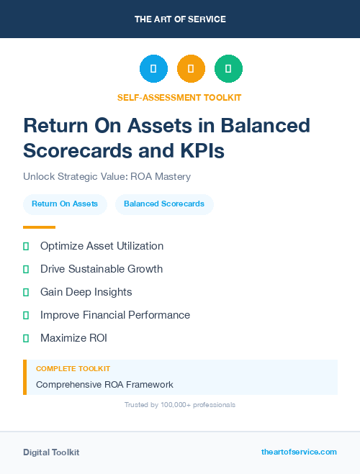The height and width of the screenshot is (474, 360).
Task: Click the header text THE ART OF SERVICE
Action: pos(180,19)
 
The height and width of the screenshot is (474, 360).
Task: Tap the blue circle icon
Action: pos(153,68)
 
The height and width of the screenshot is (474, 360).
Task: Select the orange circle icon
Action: pos(191,68)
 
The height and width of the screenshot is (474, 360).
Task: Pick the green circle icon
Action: pos(228,68)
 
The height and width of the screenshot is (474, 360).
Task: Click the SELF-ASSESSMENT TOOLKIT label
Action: pos(180,97)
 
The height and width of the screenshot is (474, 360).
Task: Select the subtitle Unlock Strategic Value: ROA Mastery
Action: pos(107,176)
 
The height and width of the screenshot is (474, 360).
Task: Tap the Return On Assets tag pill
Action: pos(65,204)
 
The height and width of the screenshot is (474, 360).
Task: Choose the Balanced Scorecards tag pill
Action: pos(164,204)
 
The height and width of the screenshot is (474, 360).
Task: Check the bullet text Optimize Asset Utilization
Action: pos(102,246)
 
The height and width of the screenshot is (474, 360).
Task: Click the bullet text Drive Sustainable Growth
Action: pos(102,269)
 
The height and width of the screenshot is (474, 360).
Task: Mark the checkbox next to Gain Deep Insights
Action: pos(26,292)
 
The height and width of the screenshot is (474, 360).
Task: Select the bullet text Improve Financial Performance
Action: pos(115,315)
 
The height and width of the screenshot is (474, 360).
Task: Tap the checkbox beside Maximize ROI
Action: pos(26,338)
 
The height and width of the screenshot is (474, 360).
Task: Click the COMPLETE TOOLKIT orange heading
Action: pos(73,368)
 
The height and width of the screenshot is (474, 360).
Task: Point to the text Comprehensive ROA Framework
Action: pos(104,384)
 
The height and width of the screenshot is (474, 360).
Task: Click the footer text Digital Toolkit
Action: pos(51,452)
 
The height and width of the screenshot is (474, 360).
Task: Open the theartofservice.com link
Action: pos(299,452)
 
